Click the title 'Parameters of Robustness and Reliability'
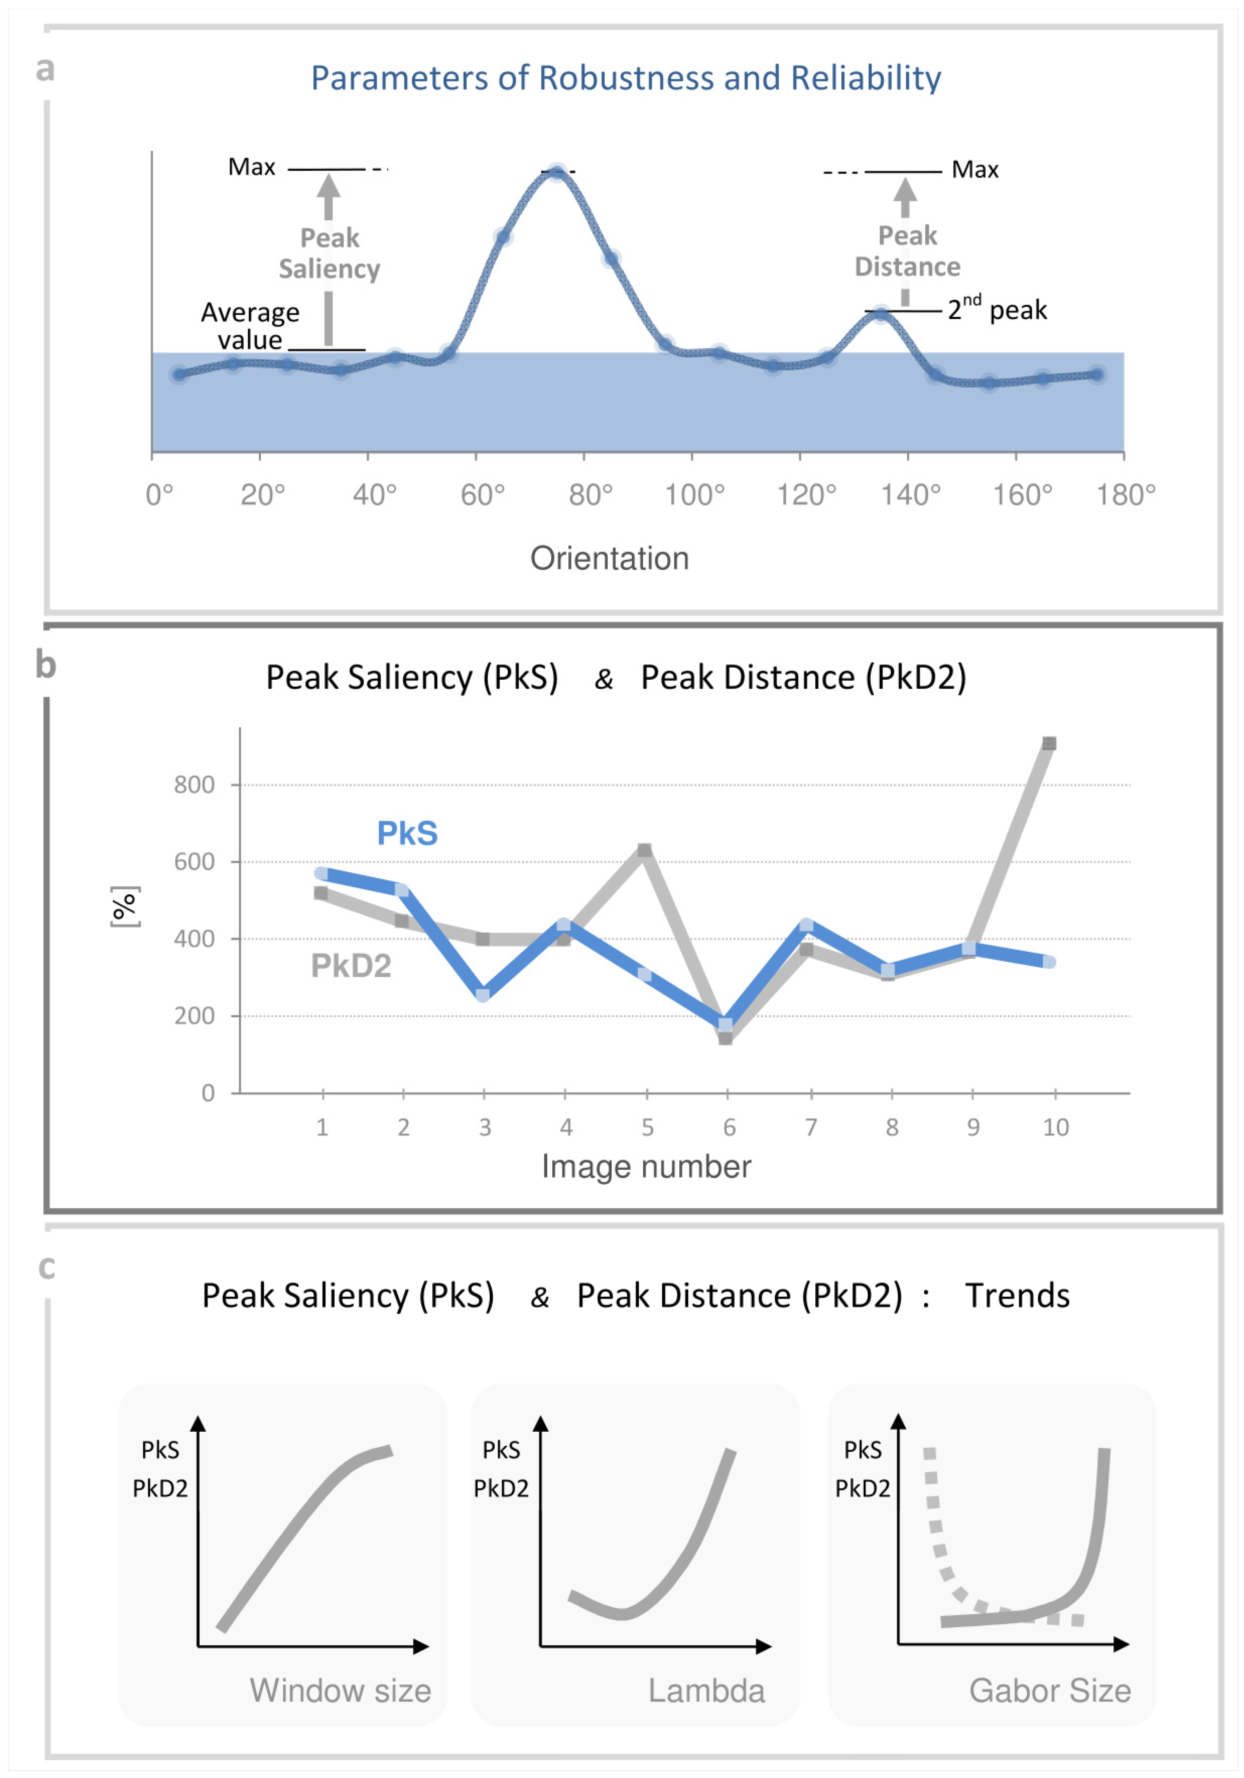(625, 78)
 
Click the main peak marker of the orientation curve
(557, 172)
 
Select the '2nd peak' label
(997, 310)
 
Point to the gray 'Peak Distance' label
(907, 251)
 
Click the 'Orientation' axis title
(609, 558)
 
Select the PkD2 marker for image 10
(1049, 743)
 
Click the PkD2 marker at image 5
(644, 850)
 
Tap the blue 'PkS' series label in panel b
(407, 833)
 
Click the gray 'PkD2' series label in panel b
(351, 966)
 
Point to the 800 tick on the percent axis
(194, 785)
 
